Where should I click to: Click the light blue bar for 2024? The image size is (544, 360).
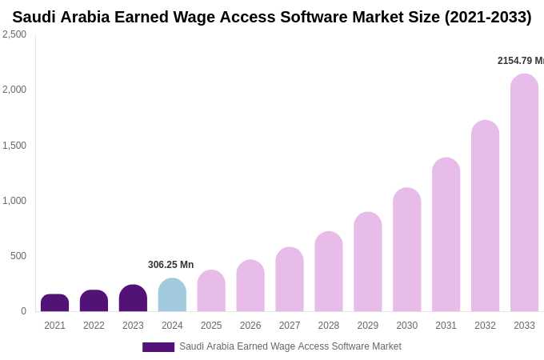(172, 295)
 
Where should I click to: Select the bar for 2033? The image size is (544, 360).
(524, 193)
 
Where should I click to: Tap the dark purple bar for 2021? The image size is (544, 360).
(54, 303)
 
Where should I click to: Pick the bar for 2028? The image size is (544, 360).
(329, 272)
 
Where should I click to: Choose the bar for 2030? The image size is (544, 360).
(406, 250)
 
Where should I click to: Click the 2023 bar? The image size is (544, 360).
(133, 298)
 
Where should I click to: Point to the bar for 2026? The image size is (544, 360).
(250, 286)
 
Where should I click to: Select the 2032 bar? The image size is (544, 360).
(485, 216)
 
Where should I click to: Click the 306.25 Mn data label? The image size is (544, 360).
(170, 265)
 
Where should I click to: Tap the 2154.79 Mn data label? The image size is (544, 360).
(520, 61)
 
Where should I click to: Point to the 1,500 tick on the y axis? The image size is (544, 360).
(14, 146)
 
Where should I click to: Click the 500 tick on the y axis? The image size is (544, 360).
(18, 256)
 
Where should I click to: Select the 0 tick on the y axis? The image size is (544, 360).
(23, 311)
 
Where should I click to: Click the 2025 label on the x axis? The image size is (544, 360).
(211, 326)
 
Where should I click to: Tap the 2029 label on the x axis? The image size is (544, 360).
(368, 326)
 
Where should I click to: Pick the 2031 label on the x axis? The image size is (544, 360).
(446, 326)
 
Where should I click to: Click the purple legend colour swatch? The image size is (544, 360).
(158, 347)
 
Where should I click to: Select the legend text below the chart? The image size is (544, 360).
(290, 346)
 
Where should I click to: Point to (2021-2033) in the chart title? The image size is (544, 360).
(488, 17)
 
